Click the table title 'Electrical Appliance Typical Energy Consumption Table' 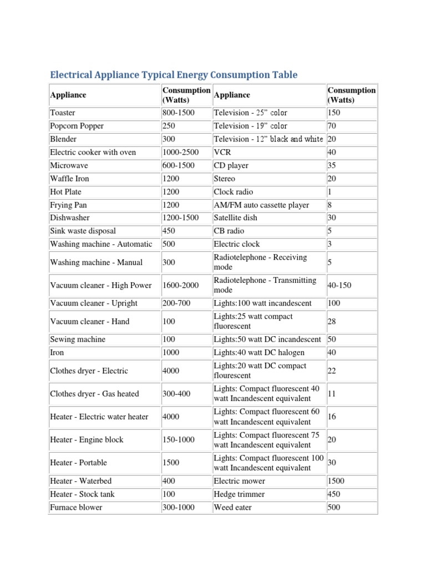coord(174,75)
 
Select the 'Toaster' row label coord(63,113)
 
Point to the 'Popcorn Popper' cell coord(77,126)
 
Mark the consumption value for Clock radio coord(330,192)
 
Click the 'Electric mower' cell coord(240,481)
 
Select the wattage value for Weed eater coord(334,507)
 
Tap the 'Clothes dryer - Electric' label coord(89,371)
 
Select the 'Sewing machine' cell coord(78,339)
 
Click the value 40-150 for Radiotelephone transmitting coord(339,285)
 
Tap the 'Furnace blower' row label coord(76,507)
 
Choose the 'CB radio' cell coord(229,231)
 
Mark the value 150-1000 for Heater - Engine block coord(178,440)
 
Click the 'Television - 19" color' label coord(251,126)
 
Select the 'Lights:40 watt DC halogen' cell coord(259,353)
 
